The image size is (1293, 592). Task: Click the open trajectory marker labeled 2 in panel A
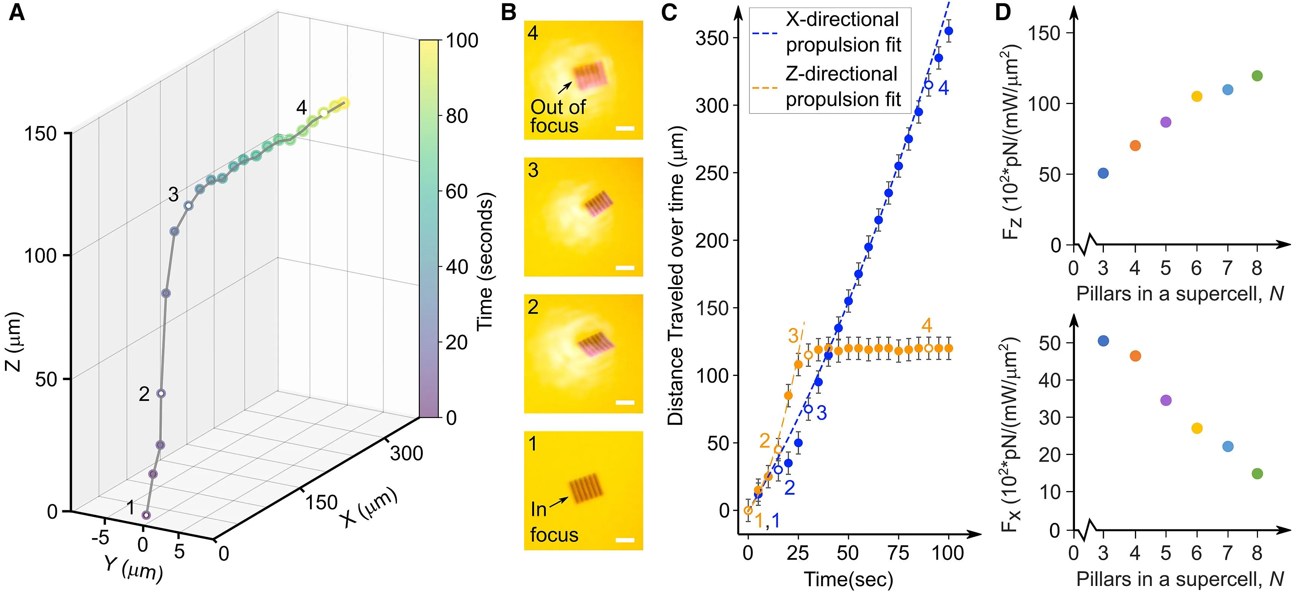tap(161, 394)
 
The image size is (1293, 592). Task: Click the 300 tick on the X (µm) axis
tap(406, 453)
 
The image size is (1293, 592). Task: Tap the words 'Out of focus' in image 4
tap(557, 116)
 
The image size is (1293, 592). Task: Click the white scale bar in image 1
tap(624, 540)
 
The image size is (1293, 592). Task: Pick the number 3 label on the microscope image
tap(533, 170)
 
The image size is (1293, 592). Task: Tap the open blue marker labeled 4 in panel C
tap(929, 85)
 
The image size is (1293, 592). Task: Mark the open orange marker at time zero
tap(748, 510)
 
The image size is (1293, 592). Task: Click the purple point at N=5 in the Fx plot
tap(1166, 400)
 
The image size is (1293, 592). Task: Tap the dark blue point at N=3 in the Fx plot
tap(1103, 341)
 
